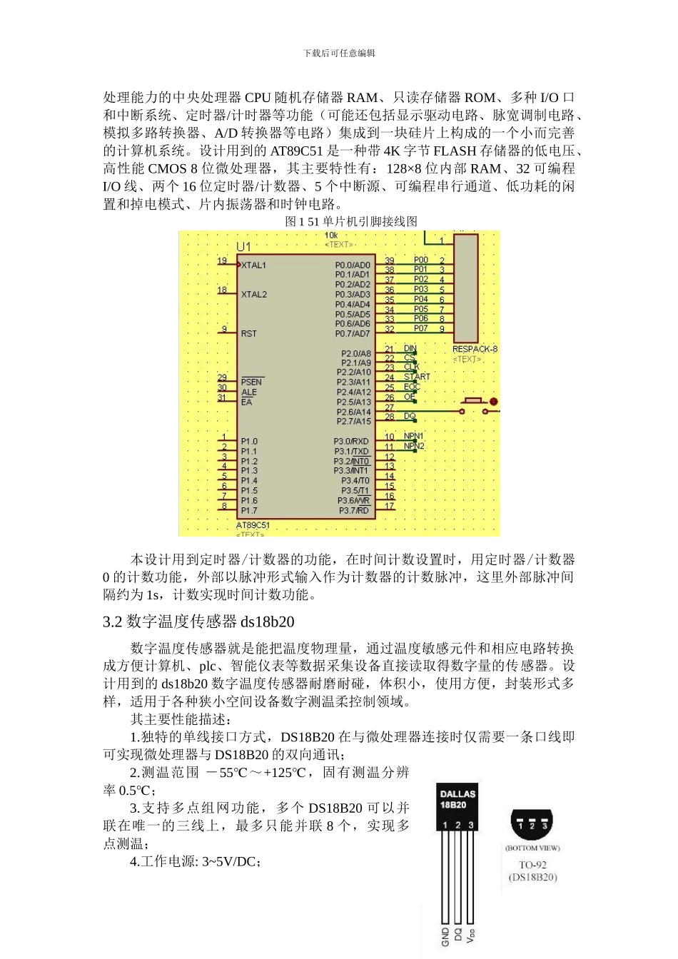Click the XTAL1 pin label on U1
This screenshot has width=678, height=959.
tap(253, 265)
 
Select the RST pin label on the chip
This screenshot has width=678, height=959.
tap(248, 333)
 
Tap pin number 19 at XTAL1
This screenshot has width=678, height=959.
tap(222, 261)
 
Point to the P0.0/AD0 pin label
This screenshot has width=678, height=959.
tap(353, 265)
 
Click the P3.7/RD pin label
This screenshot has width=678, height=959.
tap(354, 510)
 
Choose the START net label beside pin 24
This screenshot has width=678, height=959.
tap(418, 377)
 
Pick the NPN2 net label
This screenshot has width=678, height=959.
tap(414, 446)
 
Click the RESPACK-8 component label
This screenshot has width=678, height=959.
tap(475, 350)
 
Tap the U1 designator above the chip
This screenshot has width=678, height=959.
tap(243, 247)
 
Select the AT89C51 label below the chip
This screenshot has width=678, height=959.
tap(254, 526)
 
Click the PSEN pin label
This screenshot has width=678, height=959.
tap(251, 382)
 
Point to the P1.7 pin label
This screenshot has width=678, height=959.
tap(249, 510)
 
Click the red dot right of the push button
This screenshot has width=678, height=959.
tap(493, 402)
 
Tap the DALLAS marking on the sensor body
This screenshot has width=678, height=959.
tap(457, 793)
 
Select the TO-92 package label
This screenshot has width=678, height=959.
tap(533, 865)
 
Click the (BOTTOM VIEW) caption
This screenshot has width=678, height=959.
tap(532, 848)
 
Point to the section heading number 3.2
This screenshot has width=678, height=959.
tap(113, 621)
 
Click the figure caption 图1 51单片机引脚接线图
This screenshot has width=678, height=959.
tap(351, 222)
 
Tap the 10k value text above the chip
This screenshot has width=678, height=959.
tap(331, 235)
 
